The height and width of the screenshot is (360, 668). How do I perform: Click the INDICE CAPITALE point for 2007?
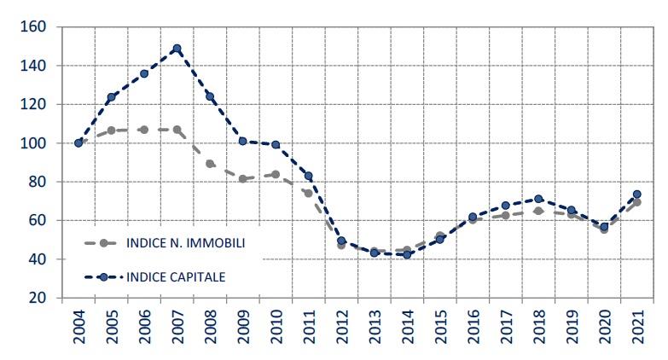click(177, 49)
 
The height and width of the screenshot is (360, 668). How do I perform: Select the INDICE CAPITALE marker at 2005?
click(111, 97)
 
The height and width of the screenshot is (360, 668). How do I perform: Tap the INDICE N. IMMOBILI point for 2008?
click(210, 164)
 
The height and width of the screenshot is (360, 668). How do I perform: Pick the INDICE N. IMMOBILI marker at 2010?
click(276, 174)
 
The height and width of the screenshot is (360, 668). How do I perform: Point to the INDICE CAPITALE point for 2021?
click(636, 195)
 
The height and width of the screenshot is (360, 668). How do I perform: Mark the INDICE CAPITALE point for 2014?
click(407, 254)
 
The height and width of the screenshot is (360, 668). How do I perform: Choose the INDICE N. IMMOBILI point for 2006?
click(144, 130)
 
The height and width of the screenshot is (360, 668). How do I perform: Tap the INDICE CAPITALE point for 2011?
click(309, 176)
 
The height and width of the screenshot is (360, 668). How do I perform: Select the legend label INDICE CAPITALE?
click(177, 276)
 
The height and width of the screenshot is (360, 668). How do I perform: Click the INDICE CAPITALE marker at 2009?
click(243, 141)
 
